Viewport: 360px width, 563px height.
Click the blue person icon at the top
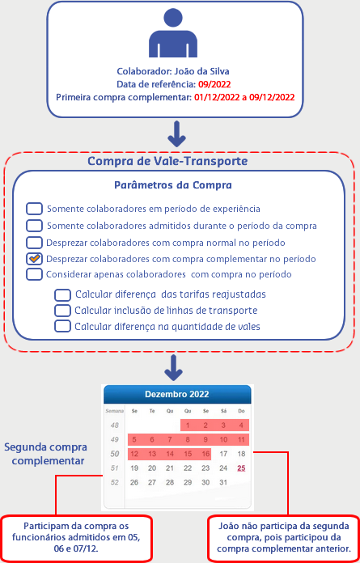click(x=173, y=32)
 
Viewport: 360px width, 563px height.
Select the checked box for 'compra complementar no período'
click(x=34, y=259)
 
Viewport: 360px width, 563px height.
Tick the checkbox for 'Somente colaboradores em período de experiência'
click(x=34, y=209)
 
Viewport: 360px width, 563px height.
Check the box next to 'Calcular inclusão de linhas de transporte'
click(x=62, y=310)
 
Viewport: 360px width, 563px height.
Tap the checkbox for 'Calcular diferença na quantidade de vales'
click(x=62, y=326)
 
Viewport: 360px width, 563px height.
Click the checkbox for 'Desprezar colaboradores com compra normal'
click(x=34, y=243)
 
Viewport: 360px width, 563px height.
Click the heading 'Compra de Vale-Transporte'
click(x=167, y=161)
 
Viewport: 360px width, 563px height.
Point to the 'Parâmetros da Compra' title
click(x=173, y=185)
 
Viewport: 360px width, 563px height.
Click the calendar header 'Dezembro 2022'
click(x=177, y=394)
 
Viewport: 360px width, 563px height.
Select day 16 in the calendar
click(x=205, y=454)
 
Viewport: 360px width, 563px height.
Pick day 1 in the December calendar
click(x=188, y=425)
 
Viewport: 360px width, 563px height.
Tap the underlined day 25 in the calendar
click(x=241, y=468)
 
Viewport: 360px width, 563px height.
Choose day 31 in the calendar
click(x=223, y=483)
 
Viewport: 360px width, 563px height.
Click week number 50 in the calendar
click(x=115, y=454)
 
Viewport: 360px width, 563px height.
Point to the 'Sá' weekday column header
click(x=223, y=411)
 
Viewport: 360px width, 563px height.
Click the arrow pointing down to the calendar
click(x=173, y=368)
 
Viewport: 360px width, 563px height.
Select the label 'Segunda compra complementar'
click(x=45, y=455)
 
